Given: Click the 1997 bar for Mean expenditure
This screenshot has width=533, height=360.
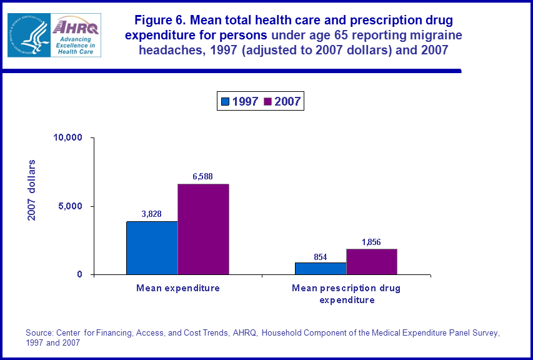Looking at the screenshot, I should [x=152, y=247].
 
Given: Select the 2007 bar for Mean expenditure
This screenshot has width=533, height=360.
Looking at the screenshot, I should [x=203, y=229].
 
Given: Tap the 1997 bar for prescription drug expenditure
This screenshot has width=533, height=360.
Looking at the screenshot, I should [x=321, y=268].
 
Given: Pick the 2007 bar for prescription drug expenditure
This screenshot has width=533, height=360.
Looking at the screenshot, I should [x=371, y=261].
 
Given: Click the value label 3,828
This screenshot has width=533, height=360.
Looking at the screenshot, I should [x=151, y=214].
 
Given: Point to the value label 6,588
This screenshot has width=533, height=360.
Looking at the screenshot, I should [x=202, y=177].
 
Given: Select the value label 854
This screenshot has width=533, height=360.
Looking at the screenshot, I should [x=321, y=256].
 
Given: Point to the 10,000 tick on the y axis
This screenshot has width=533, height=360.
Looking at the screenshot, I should [x=69, y=137].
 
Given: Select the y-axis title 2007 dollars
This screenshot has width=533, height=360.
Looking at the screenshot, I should [x=32, y=190].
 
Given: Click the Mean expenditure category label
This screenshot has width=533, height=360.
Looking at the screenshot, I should [x=178, y=288].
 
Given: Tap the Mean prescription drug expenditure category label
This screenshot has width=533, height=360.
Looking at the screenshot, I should [x=346, y=294].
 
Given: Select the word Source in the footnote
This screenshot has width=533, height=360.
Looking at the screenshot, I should [x=39, y=332].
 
